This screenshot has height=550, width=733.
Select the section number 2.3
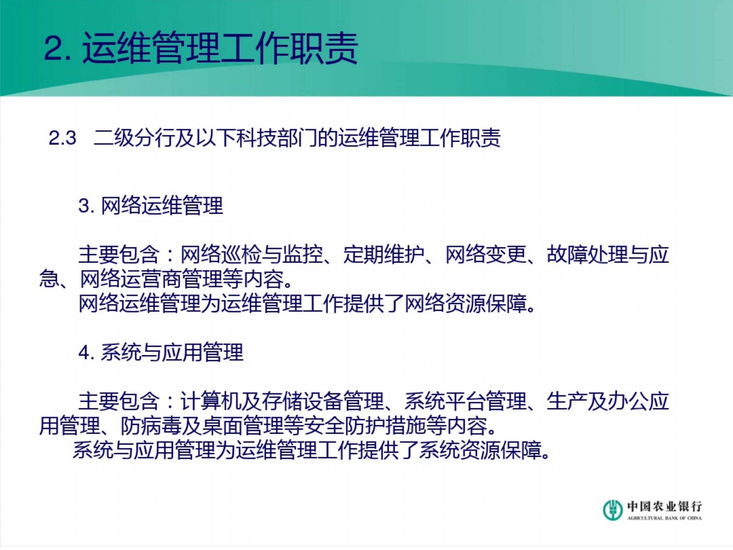[x=62, y=138]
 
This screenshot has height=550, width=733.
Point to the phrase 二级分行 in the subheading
[x=134, y=138]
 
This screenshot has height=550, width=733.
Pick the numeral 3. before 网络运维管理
[x=87, y=206]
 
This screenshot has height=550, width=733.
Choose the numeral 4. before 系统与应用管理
[x=87, y=352]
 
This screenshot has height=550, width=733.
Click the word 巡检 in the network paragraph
[x=241, y=254]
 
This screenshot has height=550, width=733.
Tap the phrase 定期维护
[x=384, y=254]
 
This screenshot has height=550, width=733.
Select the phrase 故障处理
[x=587, y=254]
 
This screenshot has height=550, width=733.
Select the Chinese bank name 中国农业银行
[x=664, y=506]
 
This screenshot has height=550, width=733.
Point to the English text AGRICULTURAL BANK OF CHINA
[x=664, y=518]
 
